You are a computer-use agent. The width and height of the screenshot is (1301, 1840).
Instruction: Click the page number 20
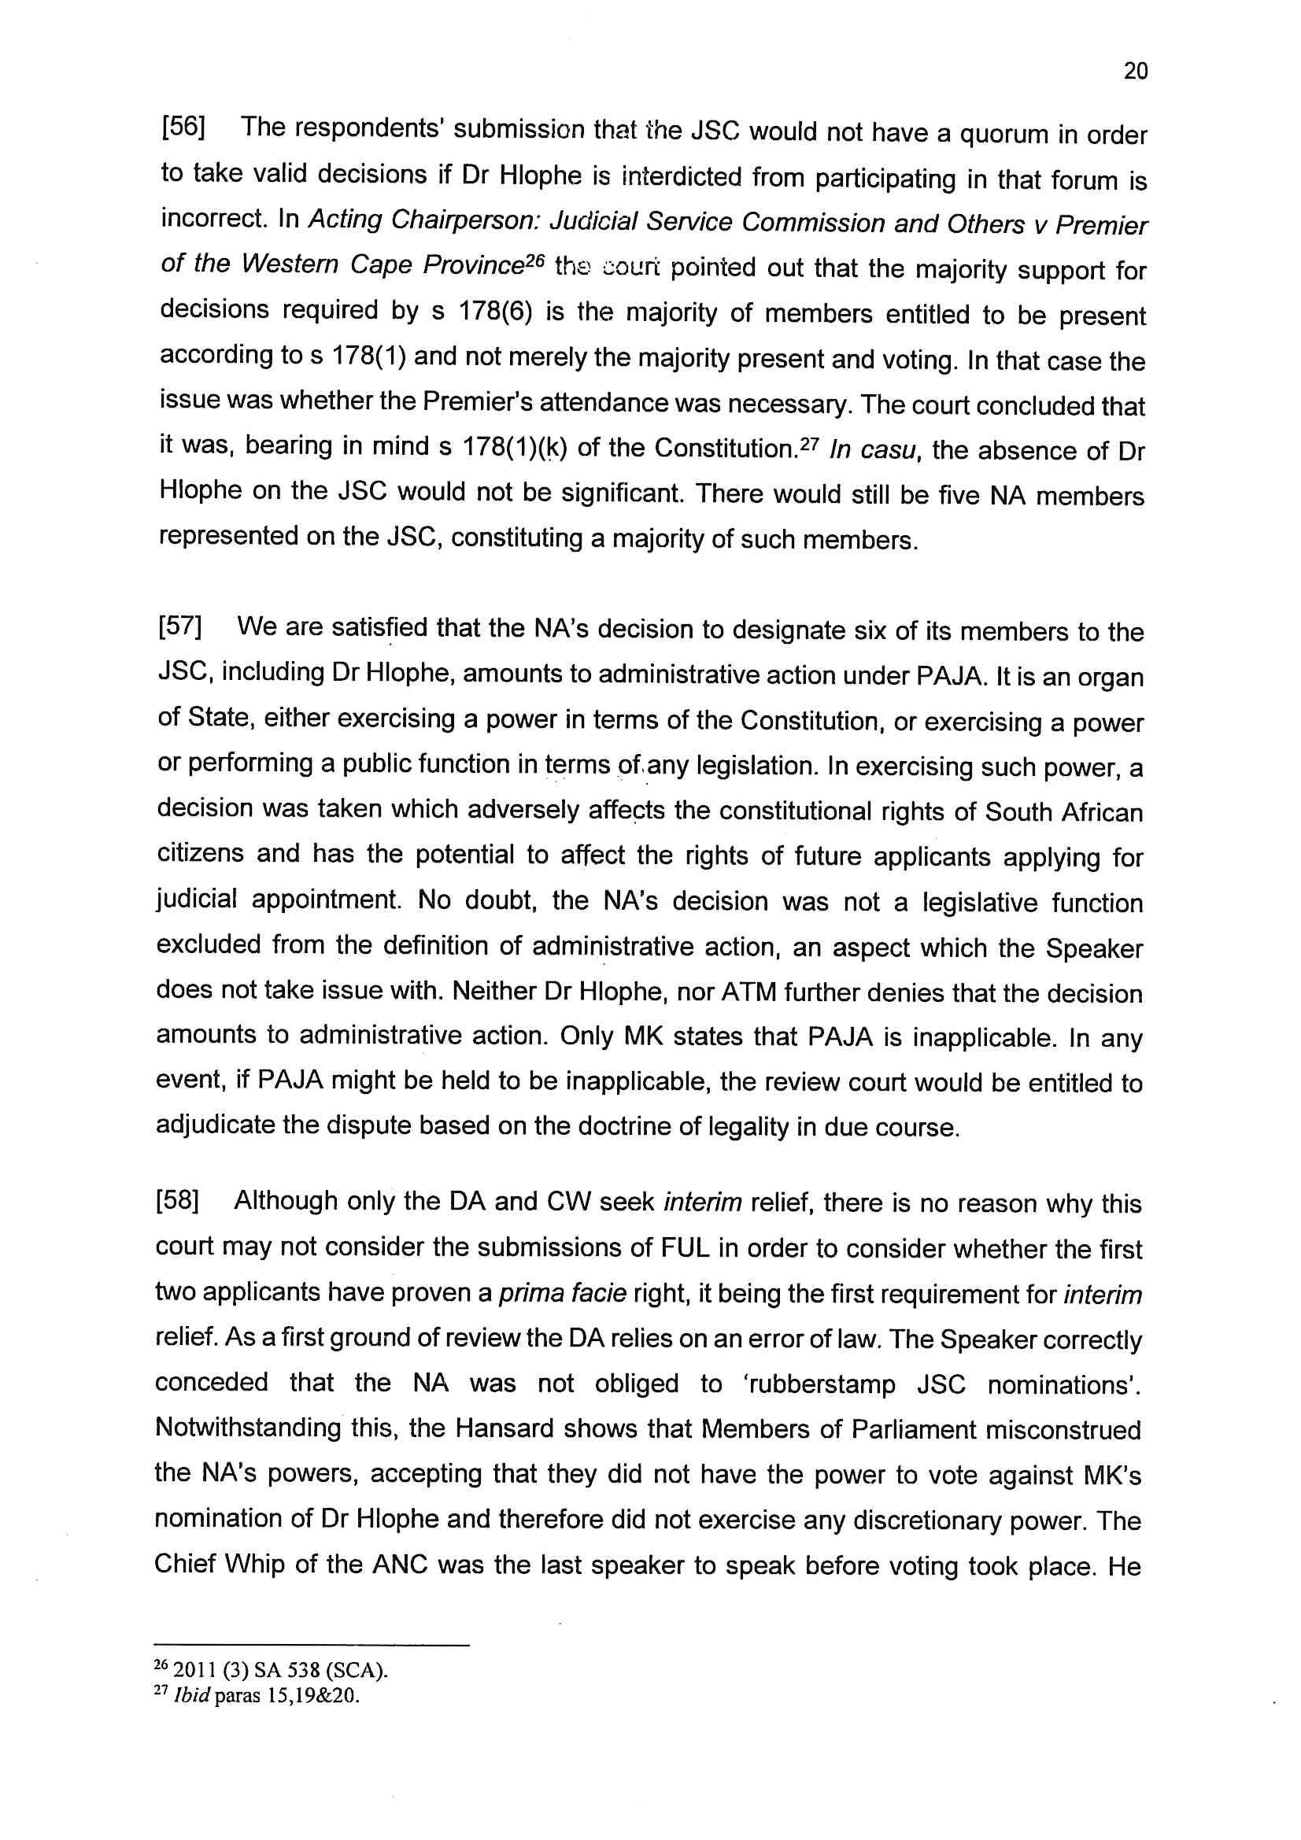1135,72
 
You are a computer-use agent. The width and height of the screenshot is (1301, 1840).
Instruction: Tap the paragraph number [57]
179,626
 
